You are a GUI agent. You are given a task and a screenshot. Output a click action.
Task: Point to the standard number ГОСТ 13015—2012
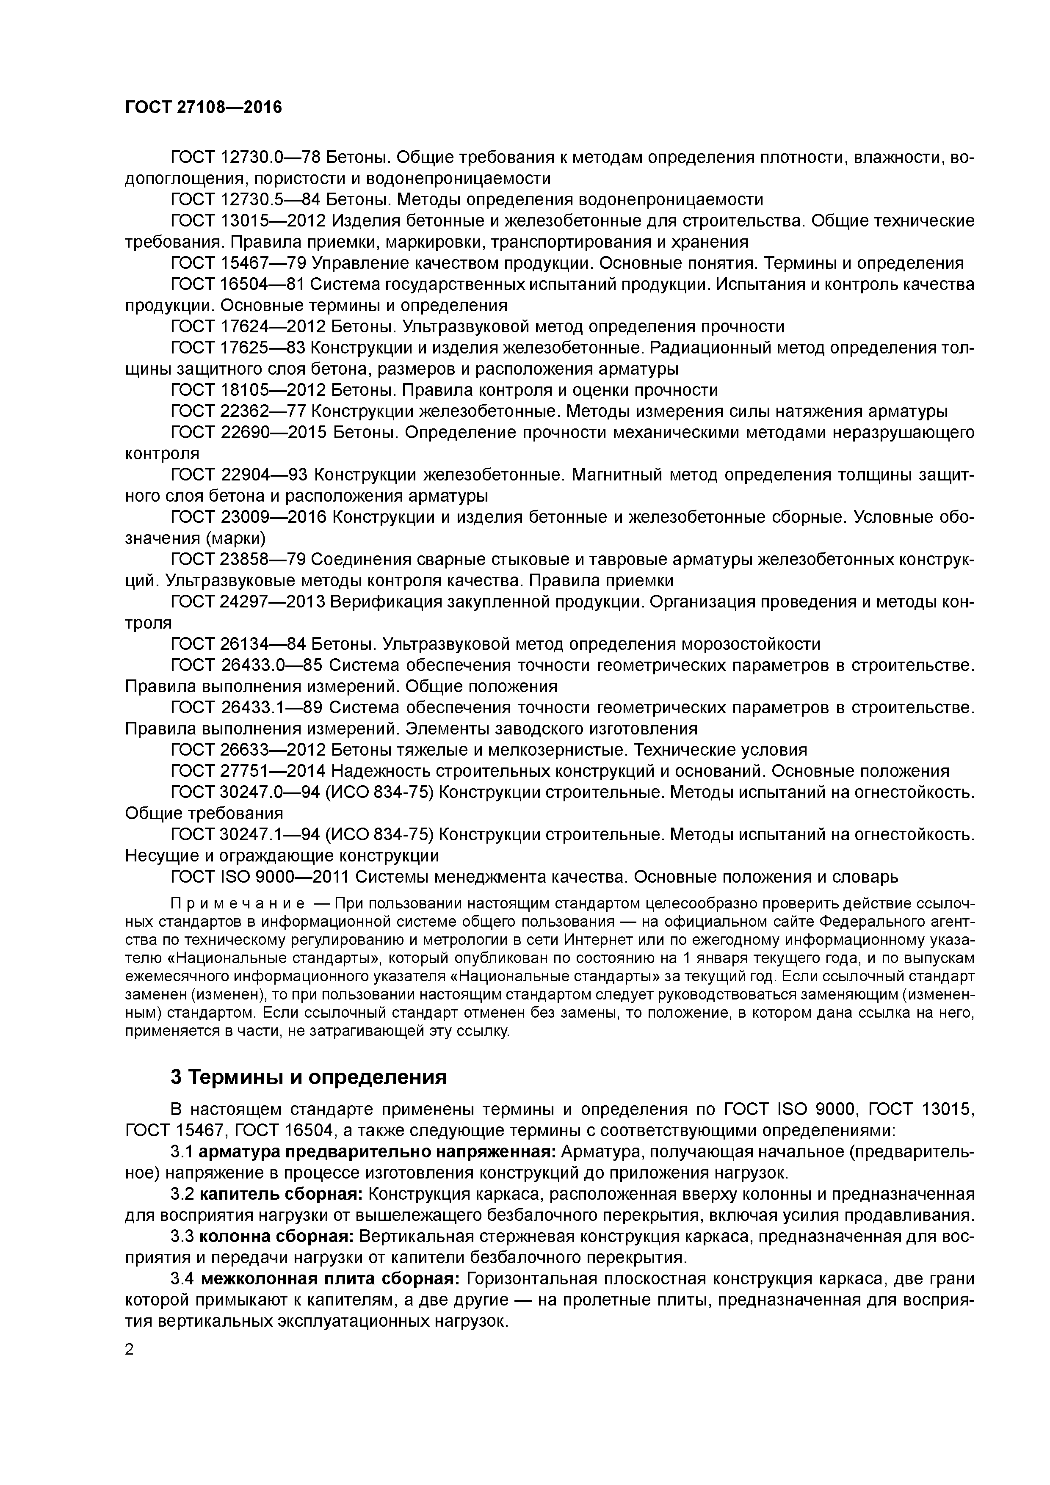[x=249, y=221]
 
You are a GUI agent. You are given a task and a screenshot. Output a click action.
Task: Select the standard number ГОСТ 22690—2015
[x=249, y=433]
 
